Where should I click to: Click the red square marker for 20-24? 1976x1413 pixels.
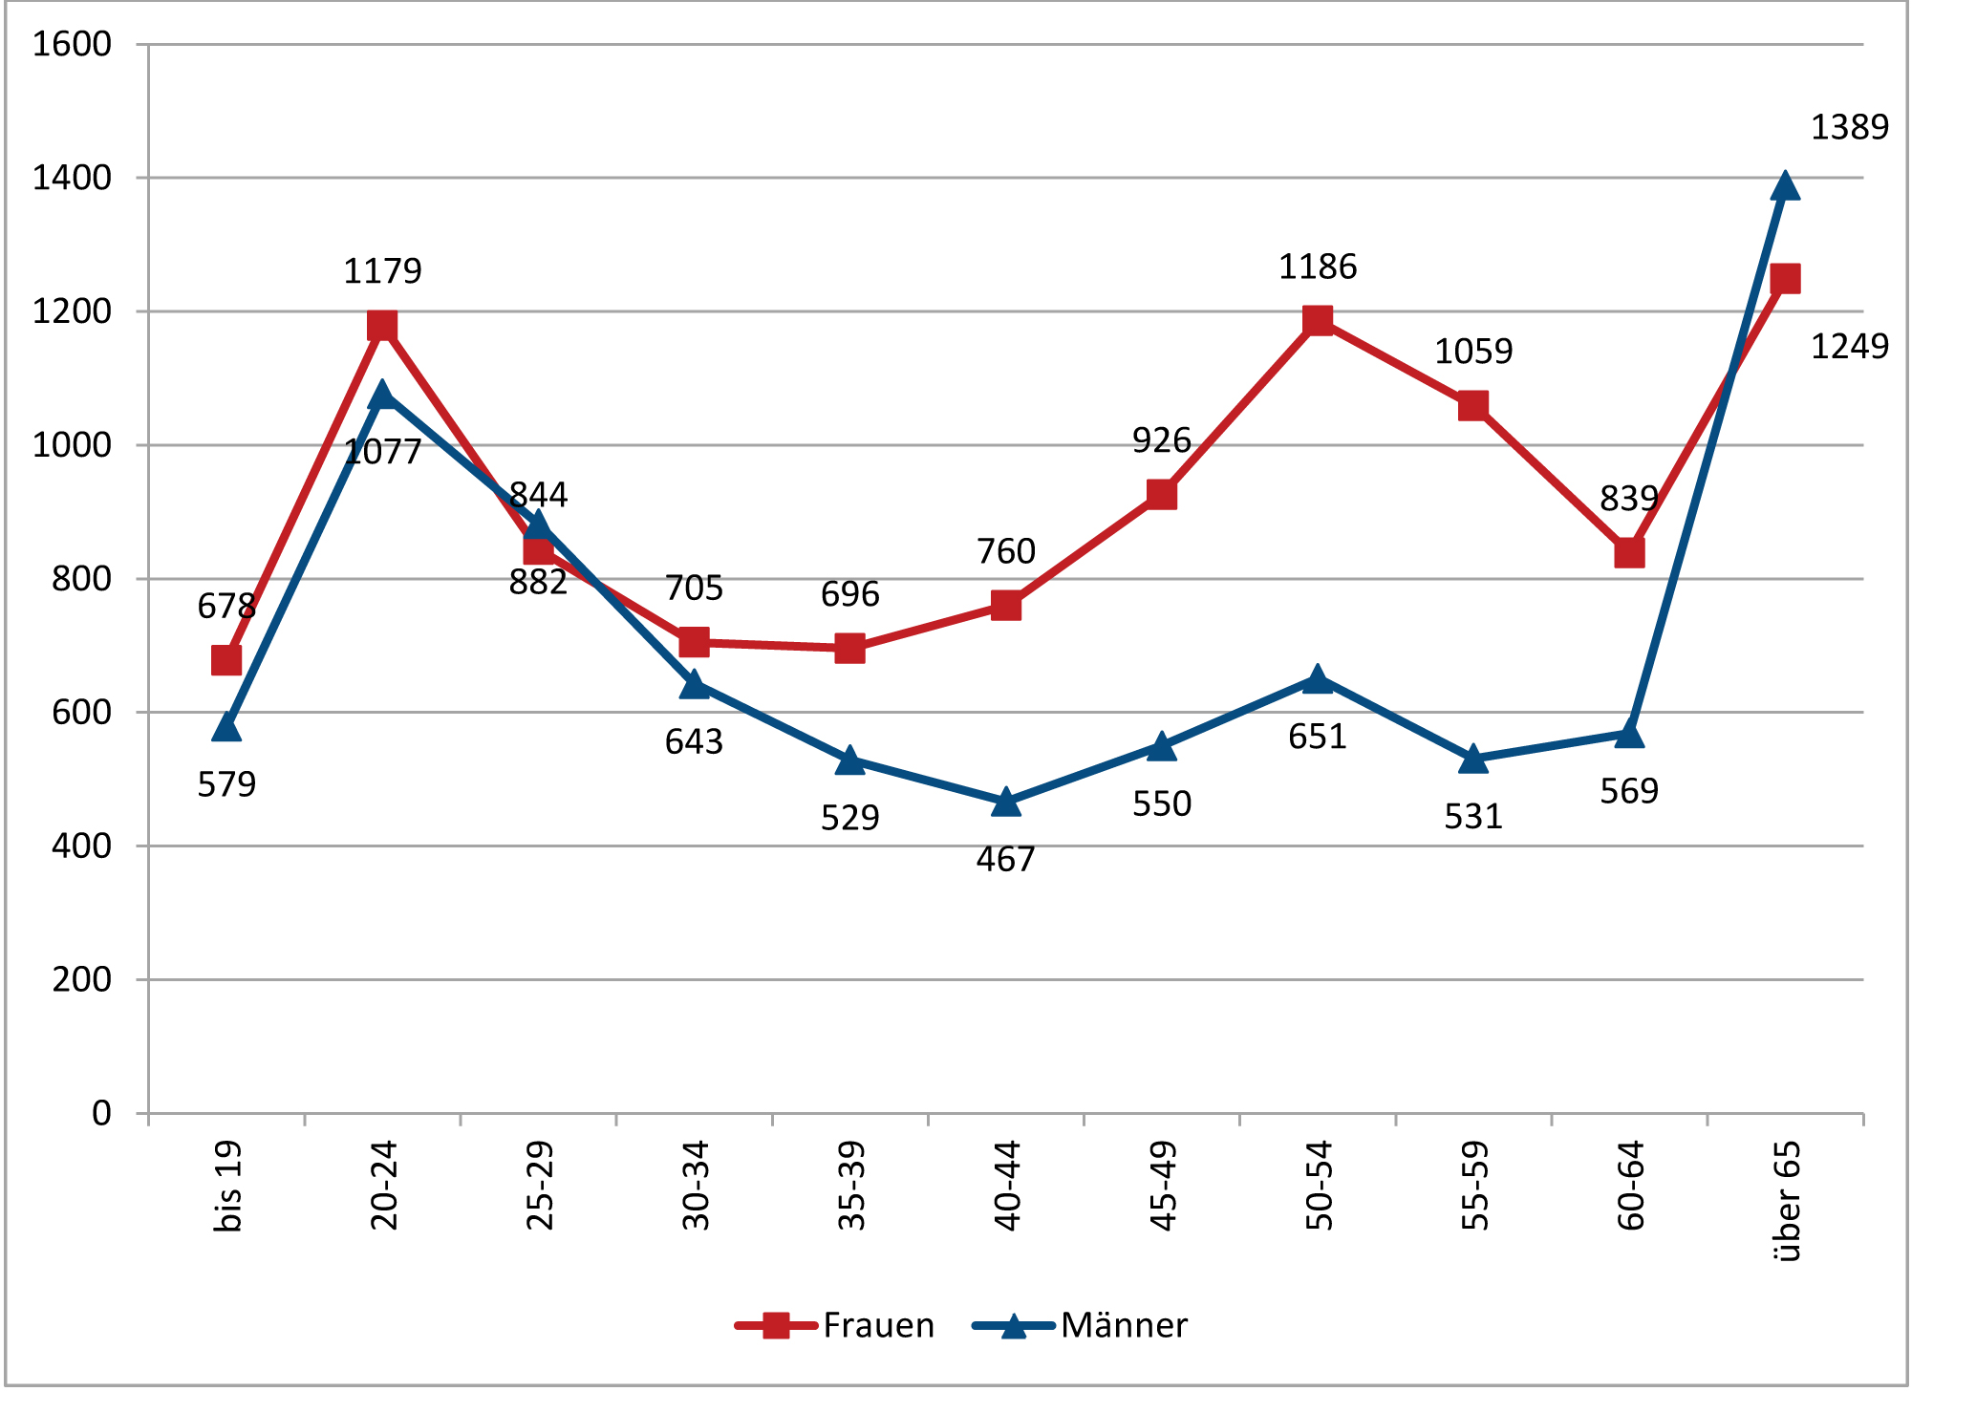(x=382, y=326)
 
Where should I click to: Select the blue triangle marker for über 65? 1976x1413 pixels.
(x=1785, y=185)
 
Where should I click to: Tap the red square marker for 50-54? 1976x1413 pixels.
(x=1318, y=320)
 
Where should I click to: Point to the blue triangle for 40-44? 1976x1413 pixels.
(x=1006, y=803)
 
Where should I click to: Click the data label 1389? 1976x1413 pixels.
(x=1850, y=127)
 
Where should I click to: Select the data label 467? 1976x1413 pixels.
(x=1005, y=860)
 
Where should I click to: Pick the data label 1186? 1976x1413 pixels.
(x=1318, y=267)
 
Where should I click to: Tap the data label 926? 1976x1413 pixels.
(x=1162, y=440)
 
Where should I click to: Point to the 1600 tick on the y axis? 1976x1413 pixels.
(x=72, y=44)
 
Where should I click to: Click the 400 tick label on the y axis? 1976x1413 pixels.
(x=81, y=846)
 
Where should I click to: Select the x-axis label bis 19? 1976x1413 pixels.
(x=227, y=1187)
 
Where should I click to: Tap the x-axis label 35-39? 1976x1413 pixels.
(x=850, y=1187)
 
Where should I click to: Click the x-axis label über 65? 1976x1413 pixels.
(x=1786, y=1202)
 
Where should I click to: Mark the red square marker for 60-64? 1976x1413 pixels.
(x=1629, y=553)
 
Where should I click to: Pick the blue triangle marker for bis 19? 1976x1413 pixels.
(x=226, y=727)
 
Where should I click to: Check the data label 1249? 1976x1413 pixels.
(x=1850, y=346)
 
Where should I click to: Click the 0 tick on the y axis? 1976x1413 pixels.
(x=101, y=1113)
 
